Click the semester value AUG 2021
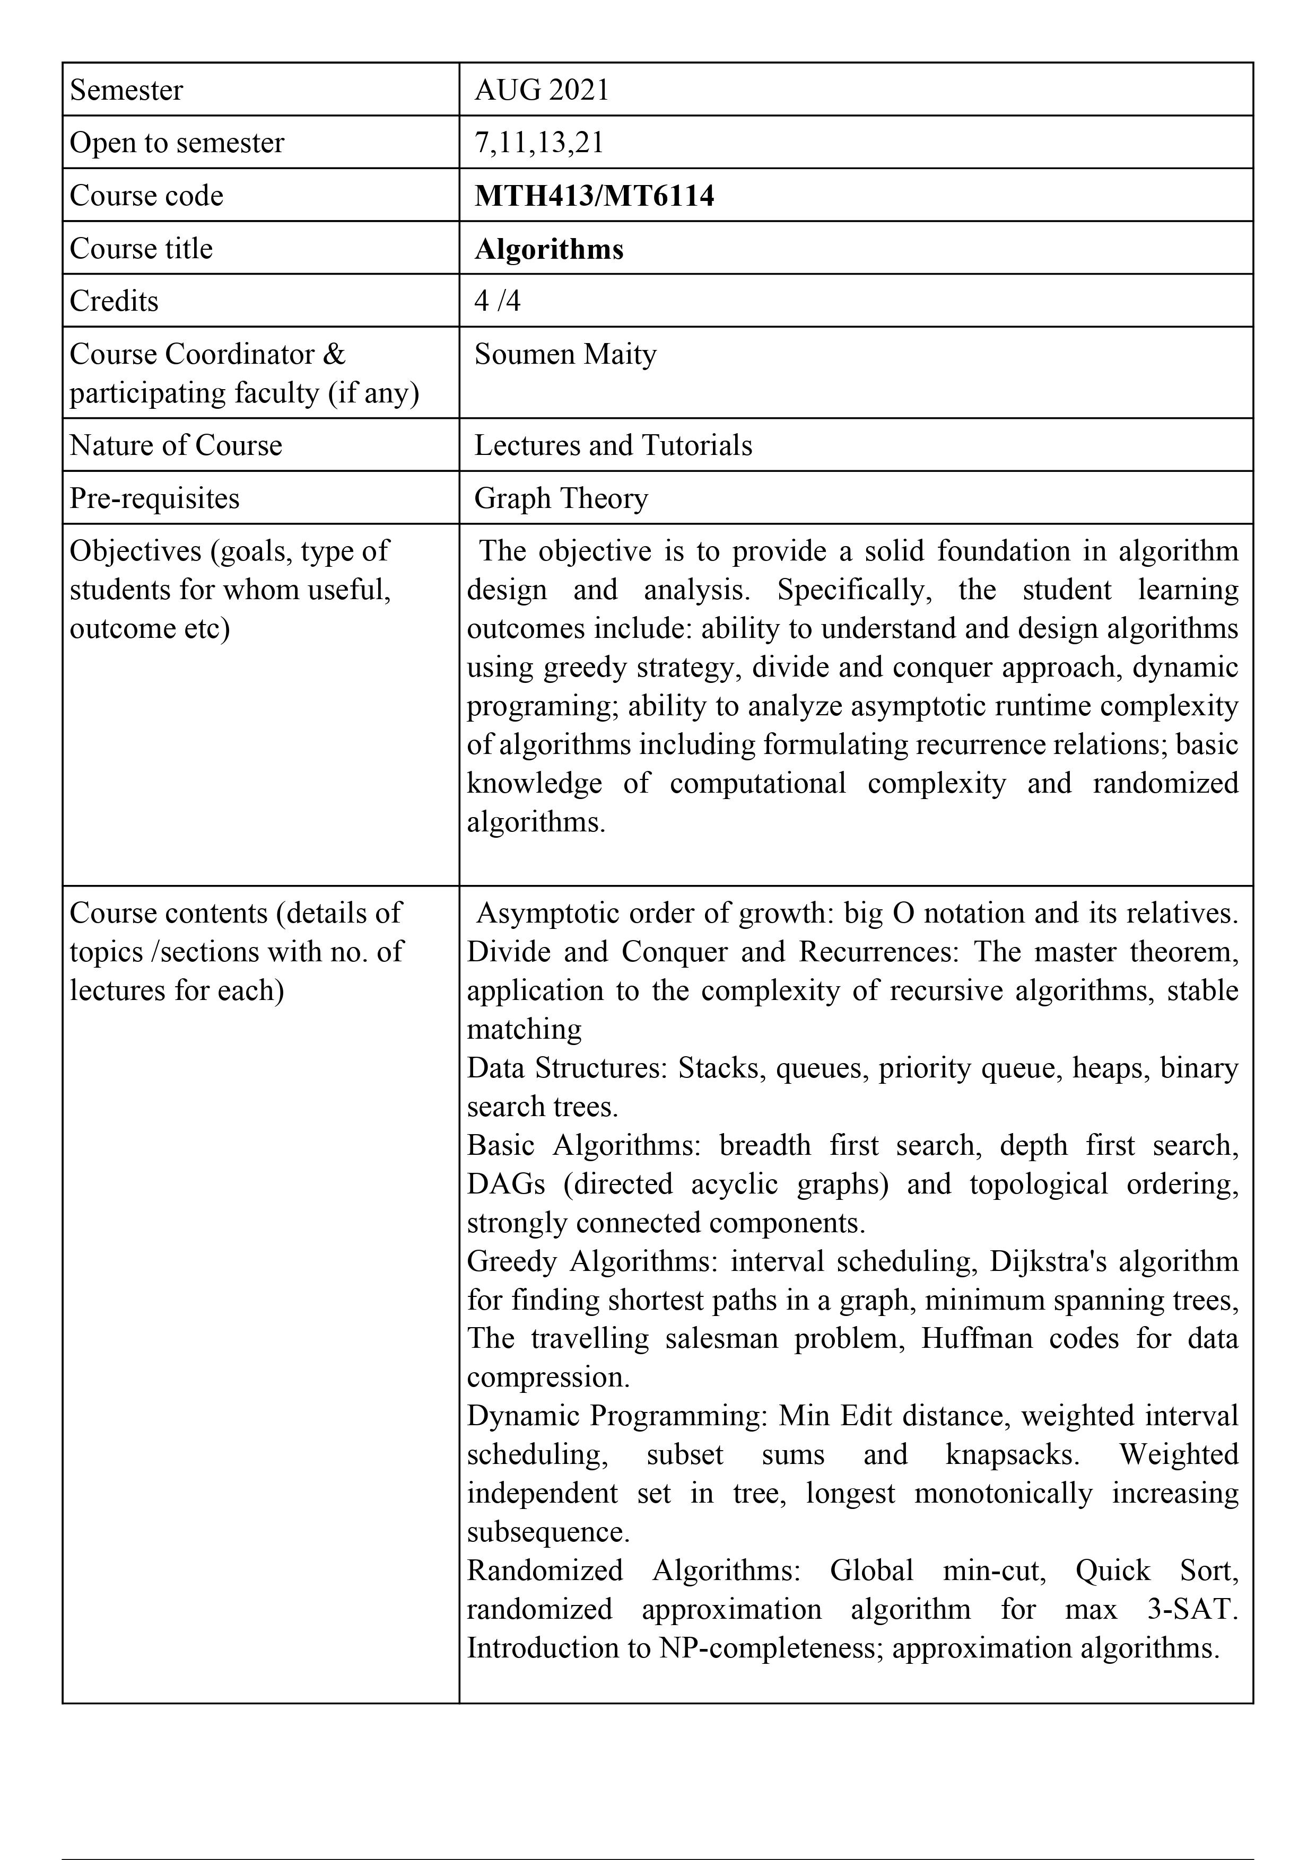click(x=542, y=90)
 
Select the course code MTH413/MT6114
click(x=594, y=196)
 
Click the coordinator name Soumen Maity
click(x=565, y=354)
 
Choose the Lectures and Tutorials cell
click(x=613, y=445)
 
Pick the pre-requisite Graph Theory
click(x=561, y=498)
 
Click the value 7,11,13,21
click(x=539, y=143)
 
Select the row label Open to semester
click(x=177, y=143)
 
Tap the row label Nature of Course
click(x=176, y=445)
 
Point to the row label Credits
click(x=114, y=301)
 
